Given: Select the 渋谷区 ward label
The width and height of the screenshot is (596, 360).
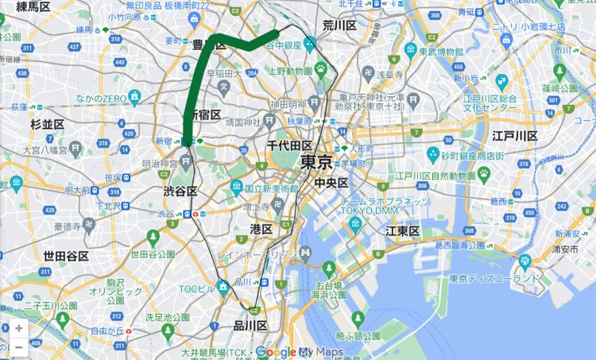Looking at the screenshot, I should [x=180, y=192].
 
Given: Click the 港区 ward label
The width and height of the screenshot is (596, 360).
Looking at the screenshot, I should [x=261, y=229].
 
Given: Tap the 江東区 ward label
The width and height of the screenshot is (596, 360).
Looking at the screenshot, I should [x=402, y=231].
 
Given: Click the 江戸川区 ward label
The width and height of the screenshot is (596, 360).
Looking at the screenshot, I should [x=515, y=136].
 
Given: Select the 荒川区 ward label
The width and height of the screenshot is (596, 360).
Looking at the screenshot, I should [x=339, y=25].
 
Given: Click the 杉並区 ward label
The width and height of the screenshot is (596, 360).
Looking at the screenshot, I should [x=47, y=125].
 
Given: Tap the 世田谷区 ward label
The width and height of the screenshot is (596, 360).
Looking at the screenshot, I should [x=66, y=256].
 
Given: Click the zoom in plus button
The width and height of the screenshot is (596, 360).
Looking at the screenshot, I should [x=18, y=327].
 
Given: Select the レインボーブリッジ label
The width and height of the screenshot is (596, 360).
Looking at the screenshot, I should [x=258, y=254].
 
